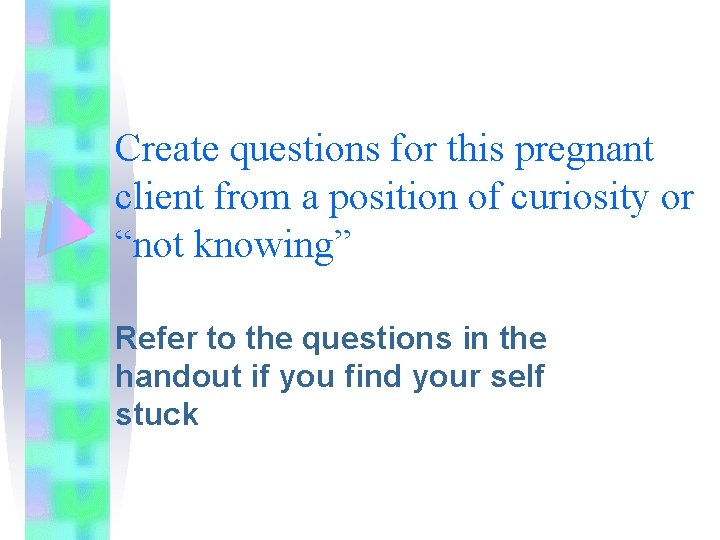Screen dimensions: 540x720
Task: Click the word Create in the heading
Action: pos(168,150)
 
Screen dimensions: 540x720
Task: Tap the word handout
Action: pos(163,377)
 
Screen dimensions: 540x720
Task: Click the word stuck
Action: pos(157,415)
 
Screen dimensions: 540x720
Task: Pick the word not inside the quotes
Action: pos(162,246)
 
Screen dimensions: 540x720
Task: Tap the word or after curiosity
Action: pos(676,199)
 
